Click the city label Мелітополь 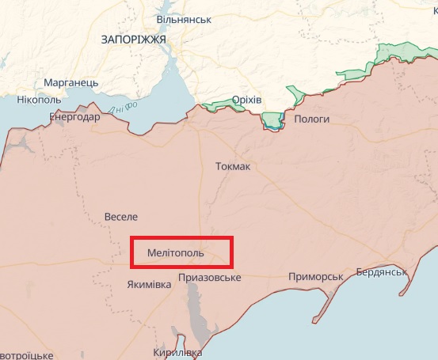tap(175, 253)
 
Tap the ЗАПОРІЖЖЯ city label tap(133, 39)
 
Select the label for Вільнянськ tap(184, 18)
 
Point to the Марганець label tap(70, 83)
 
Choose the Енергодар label tap(74, 117)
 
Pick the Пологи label tap(311, 119)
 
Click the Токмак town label tap(233, 167)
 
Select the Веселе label tap(121, 216)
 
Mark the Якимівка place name tap(148, 284)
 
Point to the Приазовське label tap(210, 278)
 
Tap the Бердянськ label tap(381, 271)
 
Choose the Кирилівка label tap(178, 352)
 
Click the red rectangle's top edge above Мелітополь tap(181, 238)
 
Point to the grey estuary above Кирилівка tap(196, 313)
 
